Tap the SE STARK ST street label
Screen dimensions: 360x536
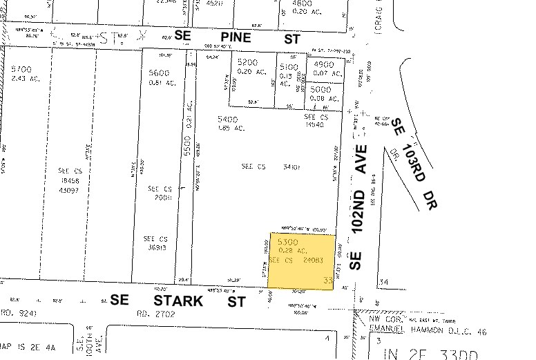[x=178, y=301]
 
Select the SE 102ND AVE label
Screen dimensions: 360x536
[x=357, y=207]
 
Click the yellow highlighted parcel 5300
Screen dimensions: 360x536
[x=301, y=261]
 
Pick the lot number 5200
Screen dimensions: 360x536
[x=247, y=62]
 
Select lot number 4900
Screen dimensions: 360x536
[x=324, y=66]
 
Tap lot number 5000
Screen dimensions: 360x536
[x=320, y=89]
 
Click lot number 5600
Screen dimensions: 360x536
[x=159, y=73]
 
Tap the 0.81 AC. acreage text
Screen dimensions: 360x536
[x=162, y=83]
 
